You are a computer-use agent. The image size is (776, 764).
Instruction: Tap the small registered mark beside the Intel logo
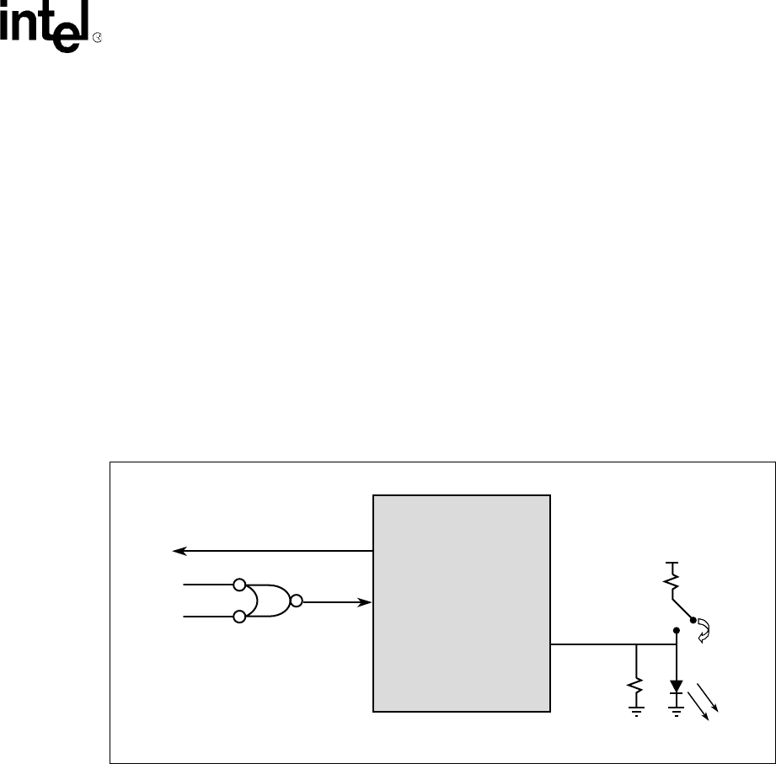[97, 39]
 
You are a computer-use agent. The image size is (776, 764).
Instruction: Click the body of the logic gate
[268, 601]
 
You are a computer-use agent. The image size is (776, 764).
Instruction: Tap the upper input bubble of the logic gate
[240, 584]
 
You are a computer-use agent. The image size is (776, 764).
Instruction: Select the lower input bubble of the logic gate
[240, 617]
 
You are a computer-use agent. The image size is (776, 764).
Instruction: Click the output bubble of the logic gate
[296, 601]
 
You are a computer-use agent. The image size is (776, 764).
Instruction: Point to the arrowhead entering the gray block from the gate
[367, 601]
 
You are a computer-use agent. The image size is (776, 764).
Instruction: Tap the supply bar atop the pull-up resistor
[672, 562]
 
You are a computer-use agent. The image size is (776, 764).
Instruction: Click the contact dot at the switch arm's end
[693, 621]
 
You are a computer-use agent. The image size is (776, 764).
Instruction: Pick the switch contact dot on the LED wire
[677, 629]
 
